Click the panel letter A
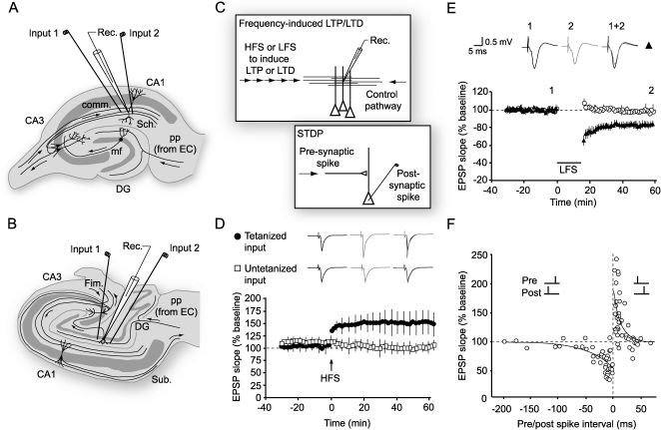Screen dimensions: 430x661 [9, 10]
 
